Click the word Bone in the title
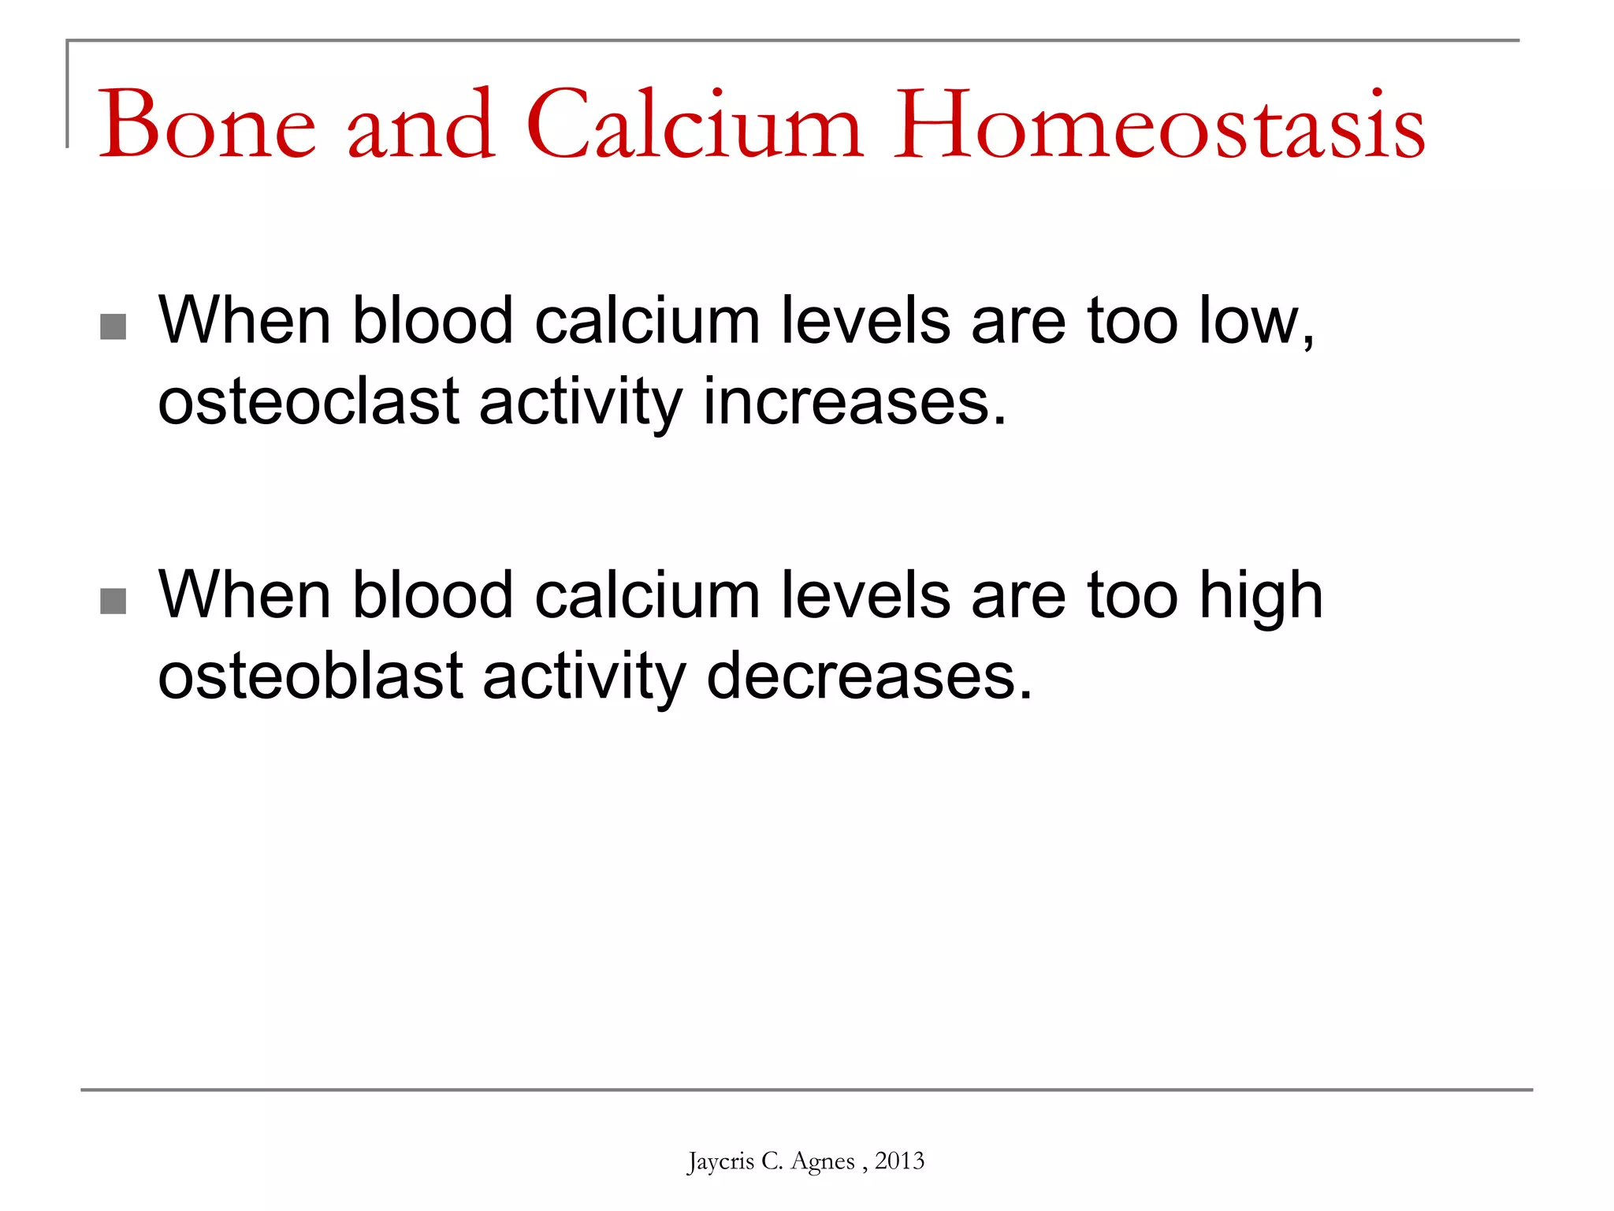point(206,126)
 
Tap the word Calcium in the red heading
point(694,126)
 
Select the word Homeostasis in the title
point(1158,126)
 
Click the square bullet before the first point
point(113,326)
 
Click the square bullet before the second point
point(113,601)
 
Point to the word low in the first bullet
point(1253,322)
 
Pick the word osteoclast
point(308,402)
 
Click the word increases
point(854,402)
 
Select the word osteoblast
point(311,676)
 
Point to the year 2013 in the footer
point(899,1161)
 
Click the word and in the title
point(421,126)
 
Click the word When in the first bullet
point(244,322)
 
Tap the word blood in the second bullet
point(433,596)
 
